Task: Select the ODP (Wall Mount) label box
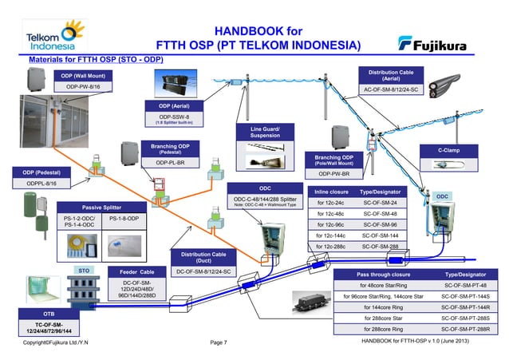(x=84, y=75)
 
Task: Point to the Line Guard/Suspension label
(x=265, y=132)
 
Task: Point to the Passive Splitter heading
(x=102, y=207)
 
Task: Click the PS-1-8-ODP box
(x=123, y=219)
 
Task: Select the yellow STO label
(x=84, y=271)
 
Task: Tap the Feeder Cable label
(x=141, y=271)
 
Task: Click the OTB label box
(x=49, y=315)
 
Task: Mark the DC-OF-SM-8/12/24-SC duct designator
(x=203, y=271)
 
